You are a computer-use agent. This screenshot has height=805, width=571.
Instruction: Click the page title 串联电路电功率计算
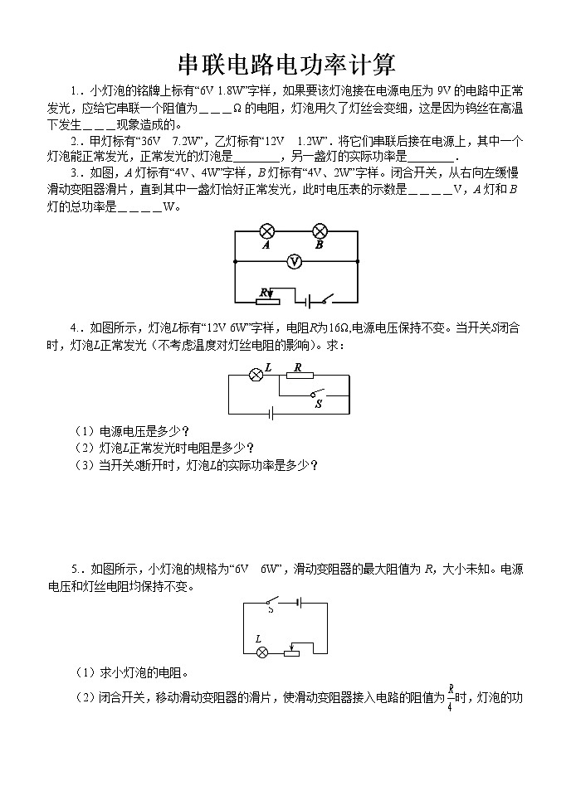pos(286,64)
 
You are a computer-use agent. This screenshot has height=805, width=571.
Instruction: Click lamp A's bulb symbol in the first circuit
pos(267,230)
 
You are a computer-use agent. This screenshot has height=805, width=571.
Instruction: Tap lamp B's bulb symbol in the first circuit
pos(320,230)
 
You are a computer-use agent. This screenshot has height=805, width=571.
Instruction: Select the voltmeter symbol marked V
pos(293,262)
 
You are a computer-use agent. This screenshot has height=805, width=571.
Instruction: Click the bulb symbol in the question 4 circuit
pos(256,376)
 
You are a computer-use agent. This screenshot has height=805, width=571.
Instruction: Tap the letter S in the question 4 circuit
pos(318,405)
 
